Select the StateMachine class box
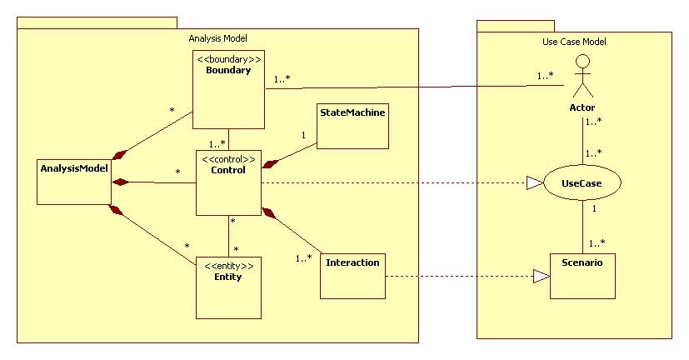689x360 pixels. click(x=352, y=126)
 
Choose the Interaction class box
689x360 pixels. click(x=352, y=276)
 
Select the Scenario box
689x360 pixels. click(x=582, y=276)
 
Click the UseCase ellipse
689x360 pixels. click(x=581, y=182)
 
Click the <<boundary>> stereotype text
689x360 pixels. click(x=228, y=59)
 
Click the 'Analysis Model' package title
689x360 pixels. click(x=217, y=38)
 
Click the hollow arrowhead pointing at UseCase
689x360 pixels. click(x=534, y=182)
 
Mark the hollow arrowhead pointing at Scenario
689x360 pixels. click(x=541, y=276)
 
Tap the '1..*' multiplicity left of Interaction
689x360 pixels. click(x=304, y=258)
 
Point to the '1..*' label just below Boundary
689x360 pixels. click(x=217, y=142)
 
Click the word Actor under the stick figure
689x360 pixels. click(x=582, y=107)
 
